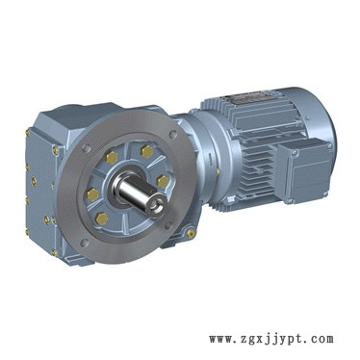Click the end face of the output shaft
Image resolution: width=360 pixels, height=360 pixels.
(156, 206)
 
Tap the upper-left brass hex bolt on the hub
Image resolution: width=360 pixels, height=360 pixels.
(112, 158)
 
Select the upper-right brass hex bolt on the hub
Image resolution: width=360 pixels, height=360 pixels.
(146, 151)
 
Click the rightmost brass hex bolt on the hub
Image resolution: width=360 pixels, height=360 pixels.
(163, 181)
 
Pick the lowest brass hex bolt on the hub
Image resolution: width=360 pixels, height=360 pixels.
(102, 219)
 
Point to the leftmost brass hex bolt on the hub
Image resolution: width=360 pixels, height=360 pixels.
(92, 194)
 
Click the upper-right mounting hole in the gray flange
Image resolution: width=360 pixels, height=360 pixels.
(173, 134)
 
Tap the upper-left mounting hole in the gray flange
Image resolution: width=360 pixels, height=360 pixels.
(86, 148)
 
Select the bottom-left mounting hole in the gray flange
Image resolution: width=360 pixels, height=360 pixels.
(84, 243)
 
